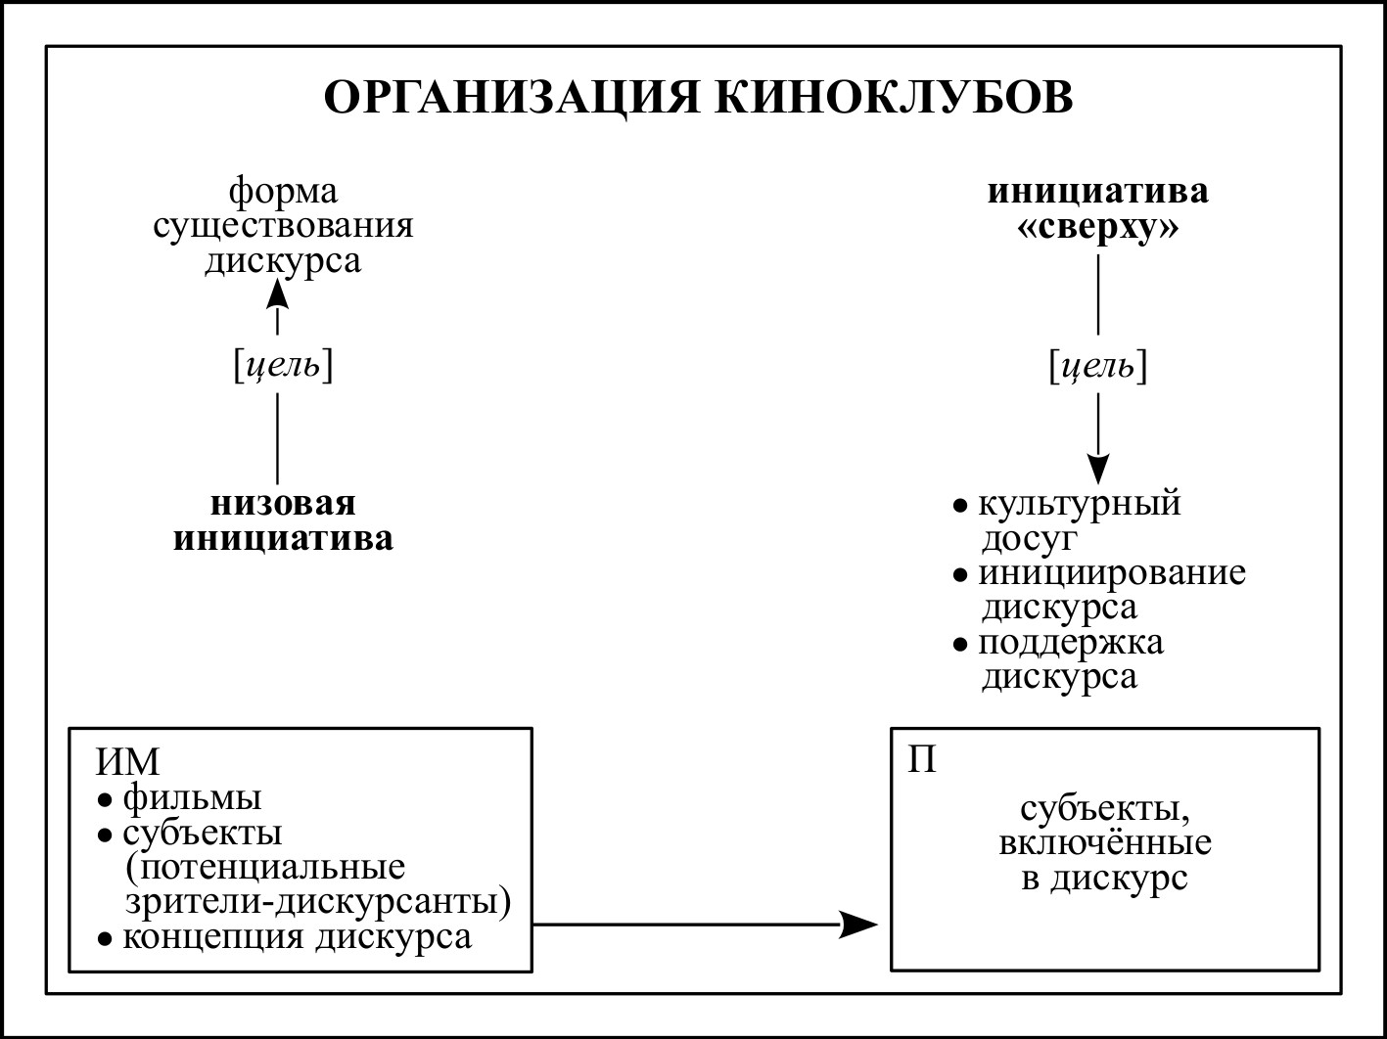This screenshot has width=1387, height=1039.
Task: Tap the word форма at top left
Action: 282,191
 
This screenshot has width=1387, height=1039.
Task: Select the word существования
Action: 282,225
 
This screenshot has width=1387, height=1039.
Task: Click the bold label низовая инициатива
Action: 283,521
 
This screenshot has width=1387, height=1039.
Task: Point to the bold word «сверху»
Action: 1097,227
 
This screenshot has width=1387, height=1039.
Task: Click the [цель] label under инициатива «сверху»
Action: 1097,367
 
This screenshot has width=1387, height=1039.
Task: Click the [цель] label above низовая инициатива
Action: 282,367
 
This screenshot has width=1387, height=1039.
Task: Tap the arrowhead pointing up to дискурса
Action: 279,292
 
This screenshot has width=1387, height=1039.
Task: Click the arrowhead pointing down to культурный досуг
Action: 1098,471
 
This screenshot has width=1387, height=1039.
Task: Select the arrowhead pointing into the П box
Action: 859,923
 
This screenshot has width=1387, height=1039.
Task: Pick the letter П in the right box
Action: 921,759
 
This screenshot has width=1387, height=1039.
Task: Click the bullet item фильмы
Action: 192,798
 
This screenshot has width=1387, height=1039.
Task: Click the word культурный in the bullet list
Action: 1080,505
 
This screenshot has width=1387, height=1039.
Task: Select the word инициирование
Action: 1112,572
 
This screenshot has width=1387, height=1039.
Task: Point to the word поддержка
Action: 1071,643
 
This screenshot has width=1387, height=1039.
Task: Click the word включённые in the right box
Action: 1105,842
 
